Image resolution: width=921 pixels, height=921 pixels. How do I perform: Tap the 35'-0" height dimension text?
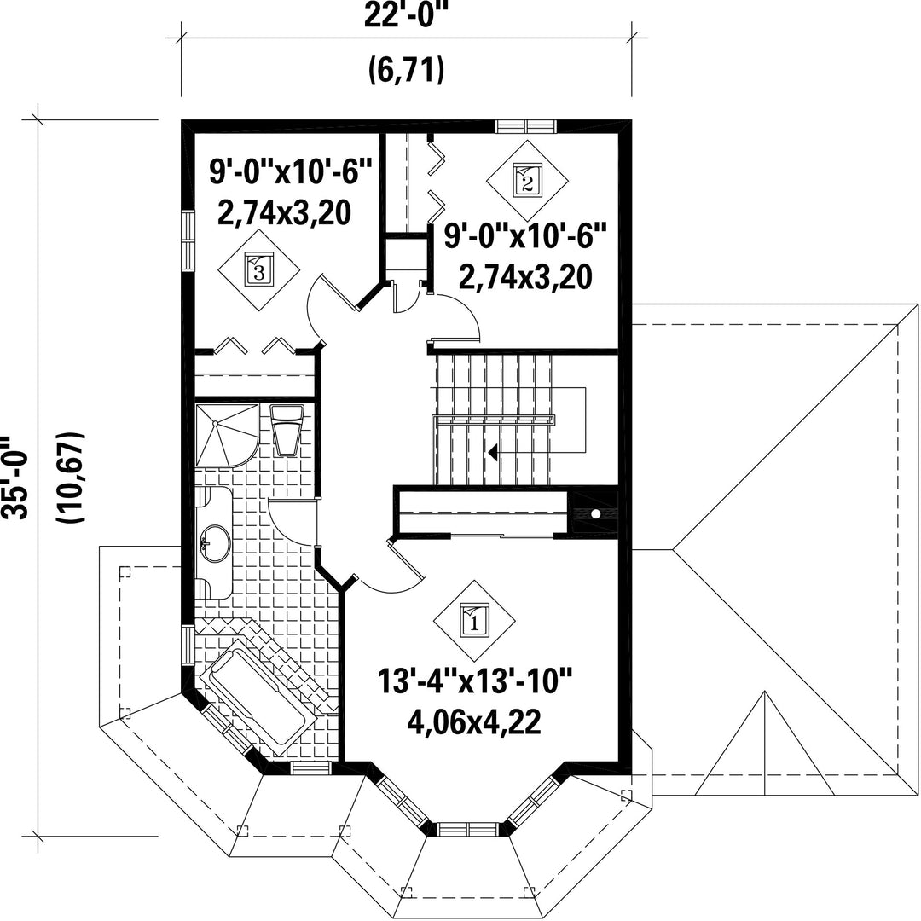coord(13,477)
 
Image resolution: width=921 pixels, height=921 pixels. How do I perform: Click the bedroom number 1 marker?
coord(475,621)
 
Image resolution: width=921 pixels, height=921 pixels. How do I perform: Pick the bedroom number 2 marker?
coord(527,180)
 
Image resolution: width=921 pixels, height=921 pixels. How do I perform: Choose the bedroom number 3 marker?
coord(259,270)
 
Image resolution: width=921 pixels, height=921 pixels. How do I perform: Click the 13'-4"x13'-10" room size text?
coord(475,681)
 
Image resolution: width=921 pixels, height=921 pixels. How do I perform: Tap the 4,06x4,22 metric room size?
coord(475,723)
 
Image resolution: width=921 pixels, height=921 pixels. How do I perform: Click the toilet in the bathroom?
coord(287,430)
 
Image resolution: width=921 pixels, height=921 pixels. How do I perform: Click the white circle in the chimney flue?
coord(595,514)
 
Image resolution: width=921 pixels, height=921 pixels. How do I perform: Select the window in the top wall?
coord(525,127)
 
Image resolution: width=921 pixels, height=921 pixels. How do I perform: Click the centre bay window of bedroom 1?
coord(468,828)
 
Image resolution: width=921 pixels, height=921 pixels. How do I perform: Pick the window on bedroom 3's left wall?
coord(188,240)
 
